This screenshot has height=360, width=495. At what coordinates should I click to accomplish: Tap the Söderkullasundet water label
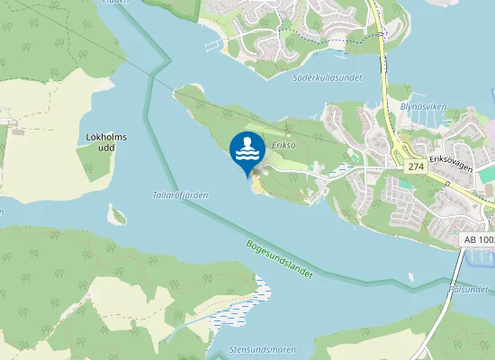pos(328,78)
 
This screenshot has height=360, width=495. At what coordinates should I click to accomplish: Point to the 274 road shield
pos(415,167)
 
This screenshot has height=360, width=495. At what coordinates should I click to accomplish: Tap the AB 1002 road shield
pos(476,241)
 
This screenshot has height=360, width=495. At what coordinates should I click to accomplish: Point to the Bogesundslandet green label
pos(278,259)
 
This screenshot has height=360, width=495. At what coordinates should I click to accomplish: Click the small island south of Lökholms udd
pos(116,215)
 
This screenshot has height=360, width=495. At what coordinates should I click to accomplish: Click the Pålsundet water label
pos(471,290)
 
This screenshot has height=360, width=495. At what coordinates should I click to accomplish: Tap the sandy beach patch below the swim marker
pos(256,184)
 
